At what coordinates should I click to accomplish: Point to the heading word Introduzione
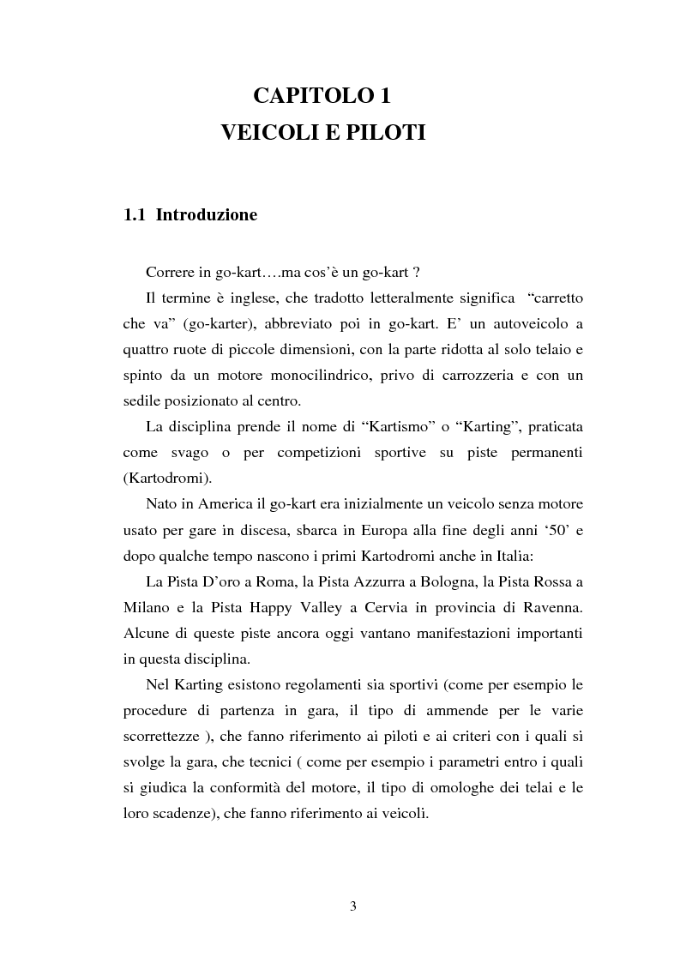pyautogui.click(x=207, y=215)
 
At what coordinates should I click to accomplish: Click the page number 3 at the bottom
pyautogui.click(x=352, y=907)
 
